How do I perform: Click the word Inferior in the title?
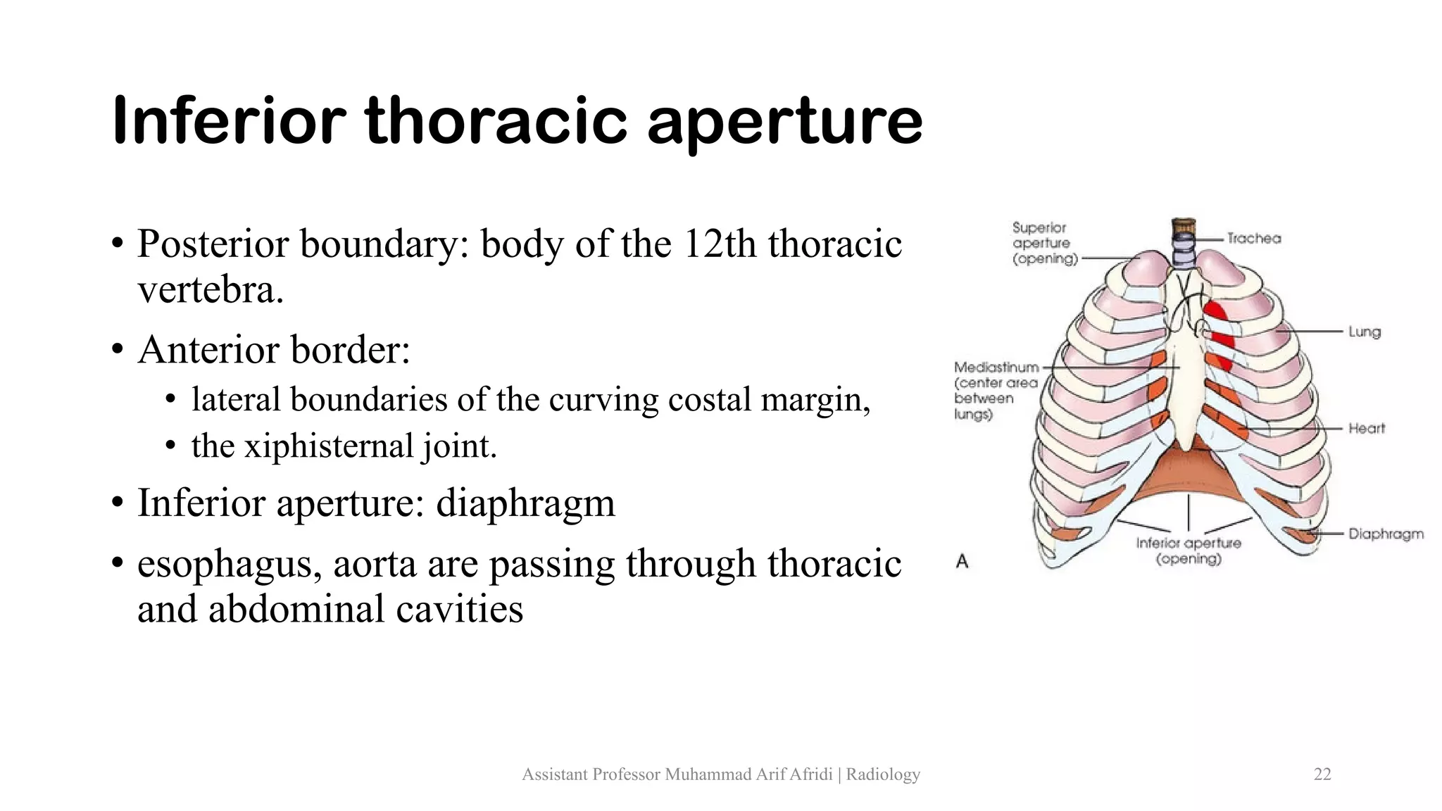[x=229, y=121]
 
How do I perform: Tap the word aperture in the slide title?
[x=784, y=124]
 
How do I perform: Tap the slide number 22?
[x=1322, y=774]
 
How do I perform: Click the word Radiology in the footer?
[x=883, y=774]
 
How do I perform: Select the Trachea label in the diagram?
[x=1254, y=239]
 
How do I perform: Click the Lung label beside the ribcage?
[x=1365, y=332]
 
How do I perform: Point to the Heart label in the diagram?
[x=1367, y=428]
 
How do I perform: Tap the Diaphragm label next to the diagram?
[x=1386, y=534]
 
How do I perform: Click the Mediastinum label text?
[x=996, y=367]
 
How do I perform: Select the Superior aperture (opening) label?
[x=1044, y=244]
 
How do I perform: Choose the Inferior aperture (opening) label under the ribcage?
[x=1189, y=551]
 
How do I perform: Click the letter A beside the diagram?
[x=962, y=561]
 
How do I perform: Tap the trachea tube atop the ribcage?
[x=1184, y=243]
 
